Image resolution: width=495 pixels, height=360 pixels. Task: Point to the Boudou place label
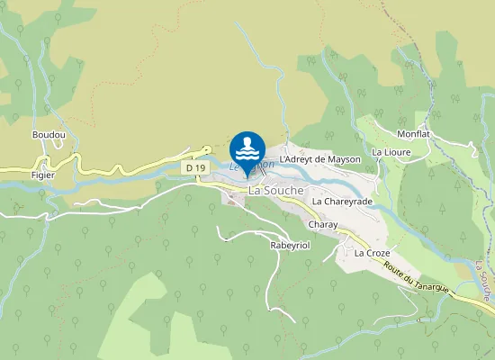point(49,135)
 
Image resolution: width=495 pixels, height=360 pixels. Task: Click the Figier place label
point(42,175)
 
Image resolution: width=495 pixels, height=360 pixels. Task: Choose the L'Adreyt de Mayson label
point(319,159)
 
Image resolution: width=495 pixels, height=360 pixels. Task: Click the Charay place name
point(321,223)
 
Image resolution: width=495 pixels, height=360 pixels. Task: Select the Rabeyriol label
point(290,245)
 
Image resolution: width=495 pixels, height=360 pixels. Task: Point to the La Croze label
point(372,253)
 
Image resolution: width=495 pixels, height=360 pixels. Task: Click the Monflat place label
point(413,134)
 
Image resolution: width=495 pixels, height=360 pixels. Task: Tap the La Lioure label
point(391,152)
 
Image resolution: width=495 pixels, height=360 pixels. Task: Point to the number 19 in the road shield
point(197,167)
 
